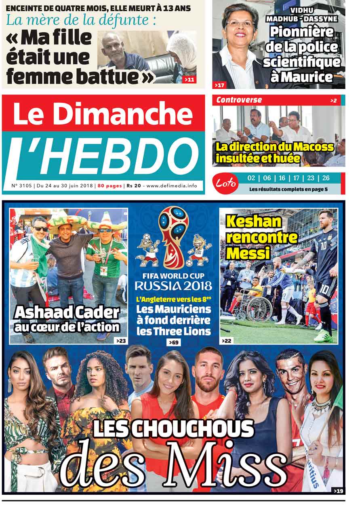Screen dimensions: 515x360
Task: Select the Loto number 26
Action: pos(326,178)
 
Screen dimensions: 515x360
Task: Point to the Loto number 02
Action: pos(251,178)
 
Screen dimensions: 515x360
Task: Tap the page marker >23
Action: pos(120,341)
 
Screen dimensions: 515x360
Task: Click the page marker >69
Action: pos(173,343)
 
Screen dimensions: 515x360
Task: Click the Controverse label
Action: pos(239,100)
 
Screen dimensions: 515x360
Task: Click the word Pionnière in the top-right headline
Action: pos(302,32)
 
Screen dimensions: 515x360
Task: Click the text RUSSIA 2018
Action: pos(173,286)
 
